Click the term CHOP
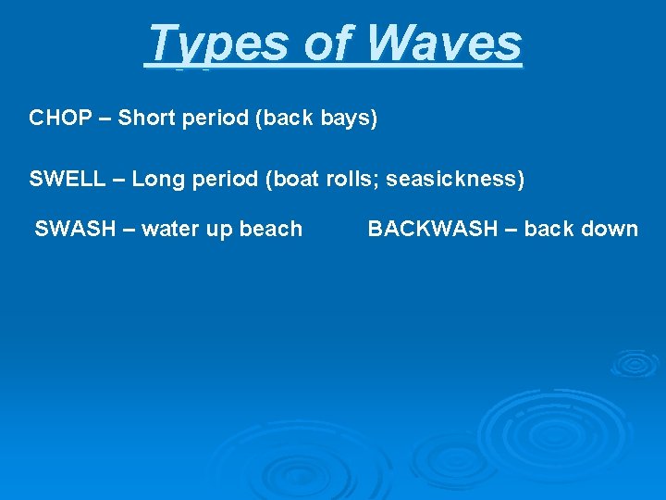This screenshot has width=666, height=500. point(60,119)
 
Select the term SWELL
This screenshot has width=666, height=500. point(68,179)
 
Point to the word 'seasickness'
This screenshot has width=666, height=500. point(453,179)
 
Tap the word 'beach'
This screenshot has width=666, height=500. point(271,229)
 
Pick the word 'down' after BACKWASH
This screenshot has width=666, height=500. point(609,229)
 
